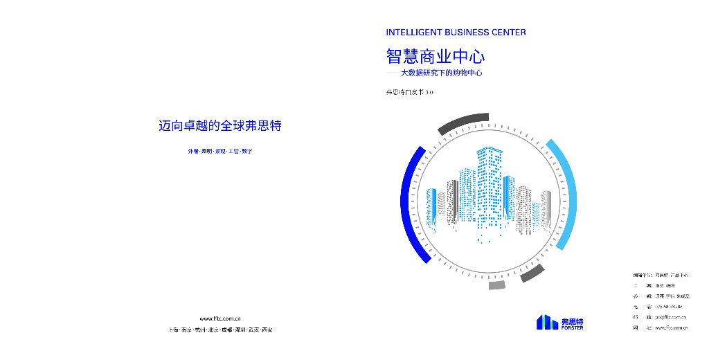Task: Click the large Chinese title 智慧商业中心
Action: tap(435, 55)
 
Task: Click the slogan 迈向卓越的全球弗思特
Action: tap(219, 126)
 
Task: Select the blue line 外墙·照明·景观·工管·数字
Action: tap(219, 151)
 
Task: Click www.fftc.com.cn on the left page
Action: tap(219, 318)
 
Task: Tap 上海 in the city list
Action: tap(173, 330)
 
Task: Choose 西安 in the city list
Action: tap(267, 330)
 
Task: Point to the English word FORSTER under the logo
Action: tap(572, 328)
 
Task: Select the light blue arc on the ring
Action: tap(566, 194)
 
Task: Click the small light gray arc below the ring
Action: tap(497, 285)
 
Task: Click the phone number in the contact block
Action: tap(668, 306)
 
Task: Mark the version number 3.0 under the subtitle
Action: tap(429, 92)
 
